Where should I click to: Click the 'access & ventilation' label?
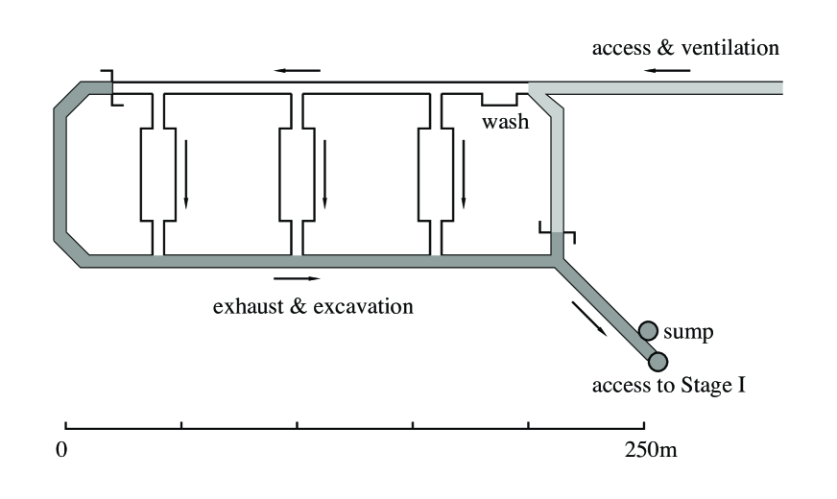click(x=685, y=48)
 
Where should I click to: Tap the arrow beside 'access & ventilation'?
click(x=663, y=71)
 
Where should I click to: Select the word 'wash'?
click(x=505, y=123)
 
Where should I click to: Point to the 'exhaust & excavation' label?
click(x=313, y=307)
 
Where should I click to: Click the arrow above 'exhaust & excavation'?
click(x=292, y=279)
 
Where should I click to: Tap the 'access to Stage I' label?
click(x=669, y=387)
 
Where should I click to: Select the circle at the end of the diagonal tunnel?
click(x=658, y=362)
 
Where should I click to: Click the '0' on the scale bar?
click(x=61, y=450)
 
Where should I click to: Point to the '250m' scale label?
click(x=650, y=450)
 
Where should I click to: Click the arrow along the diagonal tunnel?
click(x=588, y=318)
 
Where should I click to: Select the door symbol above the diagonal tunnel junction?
click(x=557, y=233)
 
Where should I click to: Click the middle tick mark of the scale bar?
click(x=297, y=423)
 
